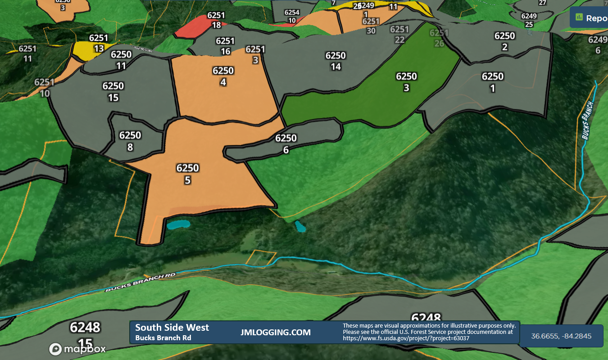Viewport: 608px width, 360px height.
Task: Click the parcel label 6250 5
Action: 187,174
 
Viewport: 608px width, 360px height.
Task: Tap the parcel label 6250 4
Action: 223,76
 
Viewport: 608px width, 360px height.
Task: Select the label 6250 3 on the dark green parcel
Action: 406,82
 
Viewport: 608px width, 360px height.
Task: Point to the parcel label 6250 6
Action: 286,144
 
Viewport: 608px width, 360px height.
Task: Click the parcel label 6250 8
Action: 130,140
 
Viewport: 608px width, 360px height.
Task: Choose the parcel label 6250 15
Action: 113,91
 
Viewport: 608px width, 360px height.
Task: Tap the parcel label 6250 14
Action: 336,61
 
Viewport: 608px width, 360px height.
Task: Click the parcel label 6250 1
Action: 492,82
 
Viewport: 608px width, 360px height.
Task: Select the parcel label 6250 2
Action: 504,41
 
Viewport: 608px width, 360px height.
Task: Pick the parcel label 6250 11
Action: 121,60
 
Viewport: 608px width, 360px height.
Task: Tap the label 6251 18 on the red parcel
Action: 216,20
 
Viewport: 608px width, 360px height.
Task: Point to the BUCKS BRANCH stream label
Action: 587,120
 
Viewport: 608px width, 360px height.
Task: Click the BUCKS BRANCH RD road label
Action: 140,282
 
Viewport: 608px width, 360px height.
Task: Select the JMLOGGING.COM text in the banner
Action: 276,333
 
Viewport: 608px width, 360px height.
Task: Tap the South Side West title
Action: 172,328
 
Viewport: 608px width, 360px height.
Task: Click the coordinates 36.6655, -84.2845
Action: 561,336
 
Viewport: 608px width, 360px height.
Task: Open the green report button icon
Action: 579,18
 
